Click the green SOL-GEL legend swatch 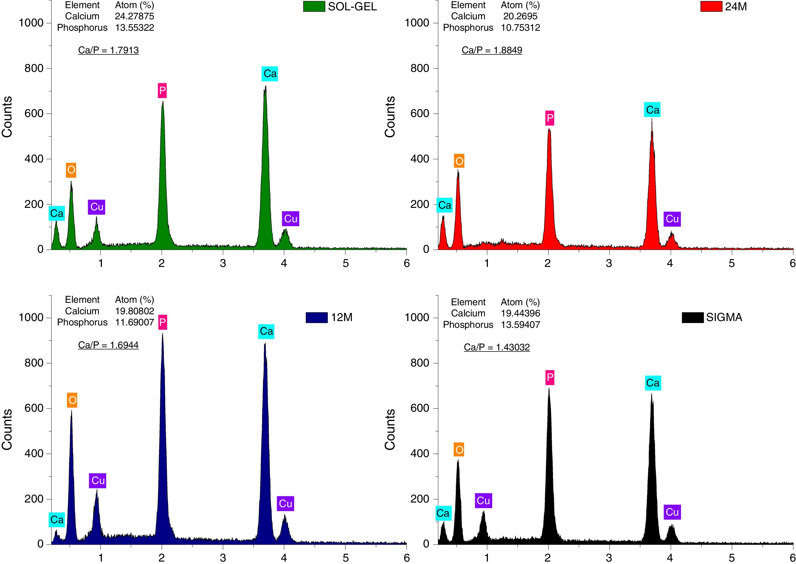pos(314,7)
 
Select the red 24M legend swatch pos(711,7)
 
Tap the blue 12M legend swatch pos(317,318)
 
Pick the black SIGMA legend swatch pos(692,318)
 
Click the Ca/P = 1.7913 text pos(108,50)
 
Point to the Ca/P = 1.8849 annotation pos(492,50)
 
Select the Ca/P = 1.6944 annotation pos(108,345)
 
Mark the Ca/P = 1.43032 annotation pos(497,347)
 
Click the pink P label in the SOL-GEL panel pos(162,91)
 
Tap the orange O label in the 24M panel pos(459,161)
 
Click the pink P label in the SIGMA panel pos(549,378)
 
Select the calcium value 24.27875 pos(134,16)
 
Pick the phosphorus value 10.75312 pos(520,28)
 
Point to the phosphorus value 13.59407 pos(520,325)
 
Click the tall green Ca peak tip pos(265,87)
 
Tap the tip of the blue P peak pos(162,334)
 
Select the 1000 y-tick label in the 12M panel pos(31,318)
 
